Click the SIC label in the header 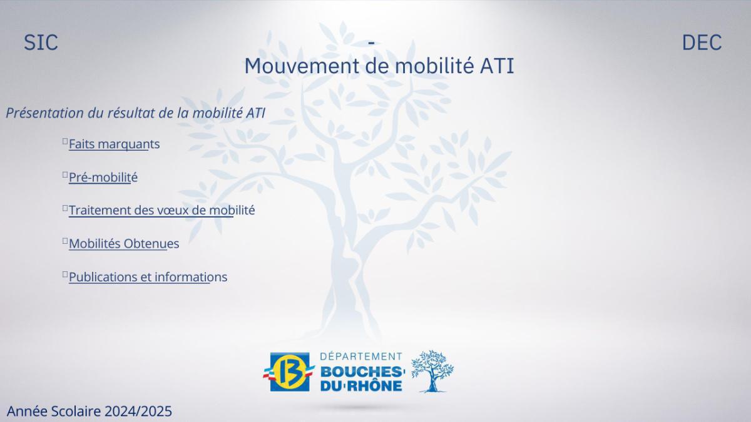pyautogui.click(x=41, y=43)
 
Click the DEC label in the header pyautogui.click(x=702, y=43)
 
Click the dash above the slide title pyautogui.click(x=372, y=43)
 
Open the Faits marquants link pyautogui.click(x=114, y=144)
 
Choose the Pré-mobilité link pyautogui.click(x=103, y=177)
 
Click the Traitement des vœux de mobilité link pyautogui.click(x=161, y=210)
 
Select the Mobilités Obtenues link pyautogui.click(x=124, y=243)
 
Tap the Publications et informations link pyautogui.click(x=148, y=276)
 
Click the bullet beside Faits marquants pyautogui.click(x=64, y=142)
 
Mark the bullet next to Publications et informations pyautogui.click(x=64, y=274)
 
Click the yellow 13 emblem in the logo pyautogui.click(x=289, y=371)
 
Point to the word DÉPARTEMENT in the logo pyautogui.click(x=361, y=356)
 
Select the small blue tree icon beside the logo pyautogui.click(x=432, y=371)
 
